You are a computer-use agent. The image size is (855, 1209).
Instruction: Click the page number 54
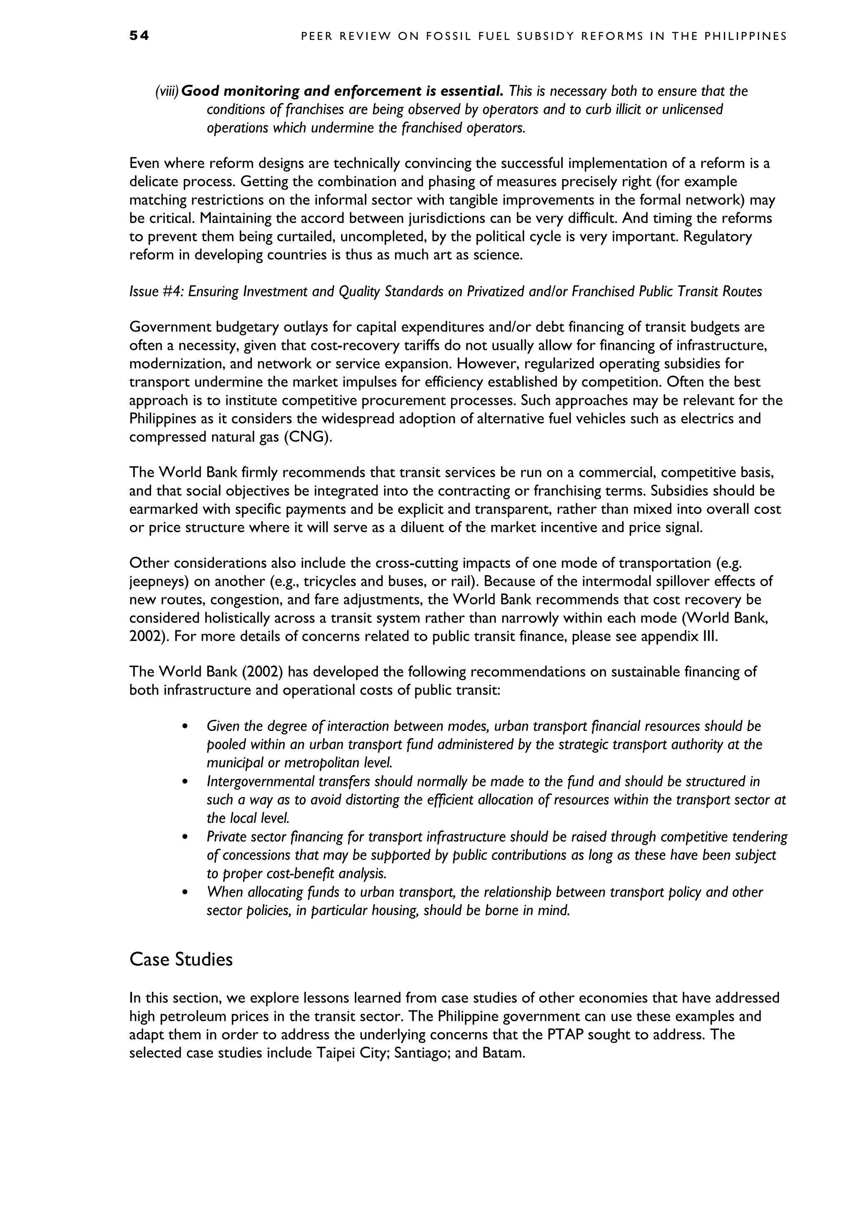(139, 36)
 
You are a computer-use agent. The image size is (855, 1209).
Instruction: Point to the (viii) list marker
(167, 91)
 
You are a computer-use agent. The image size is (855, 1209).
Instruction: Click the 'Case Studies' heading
(181, 959)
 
